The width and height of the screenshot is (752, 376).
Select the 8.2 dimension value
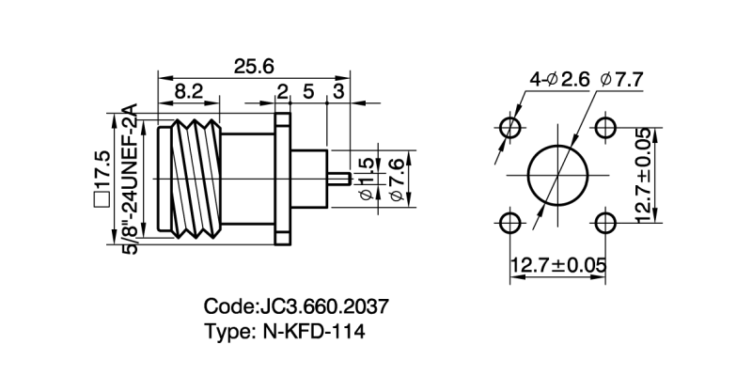point(189,91)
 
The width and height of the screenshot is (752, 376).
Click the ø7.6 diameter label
point(395,178)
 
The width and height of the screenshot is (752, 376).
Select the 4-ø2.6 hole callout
point(558,80)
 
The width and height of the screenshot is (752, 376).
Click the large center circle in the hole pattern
point(557,175)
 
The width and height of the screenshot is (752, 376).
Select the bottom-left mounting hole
point(510,222)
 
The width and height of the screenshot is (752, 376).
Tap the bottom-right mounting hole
point(604,222)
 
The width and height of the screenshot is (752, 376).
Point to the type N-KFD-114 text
point(285,331)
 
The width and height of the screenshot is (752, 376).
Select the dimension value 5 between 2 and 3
point(307,91)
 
